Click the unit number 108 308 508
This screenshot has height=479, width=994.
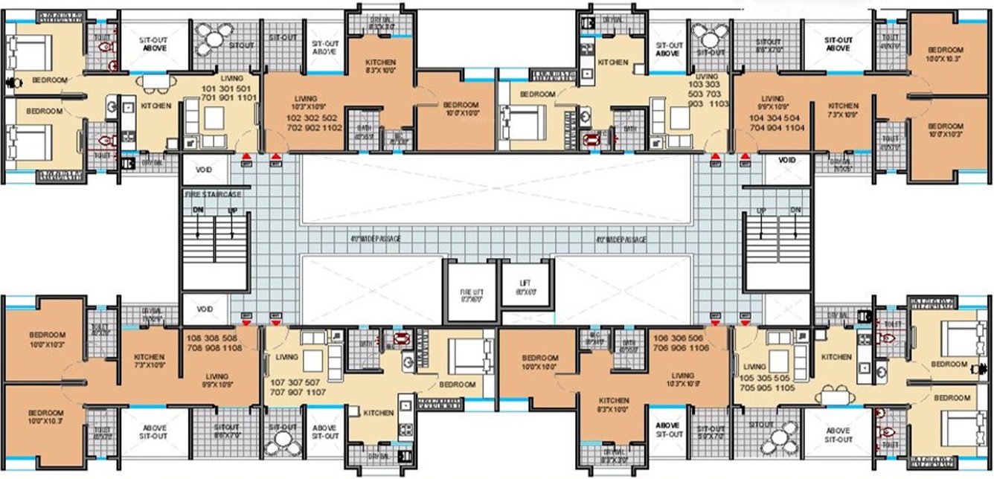pos(213,338)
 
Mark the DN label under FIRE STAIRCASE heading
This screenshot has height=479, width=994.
pos(196,210)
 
